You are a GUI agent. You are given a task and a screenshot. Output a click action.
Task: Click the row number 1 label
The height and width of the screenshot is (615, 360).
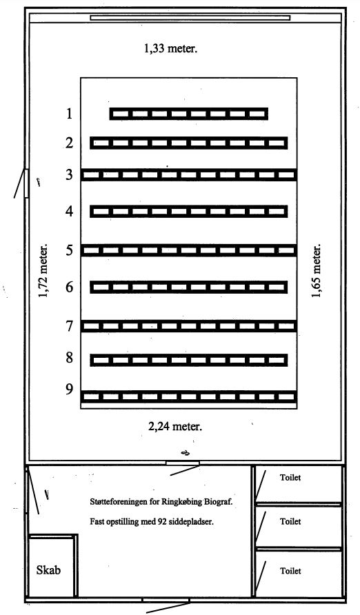[70, 114]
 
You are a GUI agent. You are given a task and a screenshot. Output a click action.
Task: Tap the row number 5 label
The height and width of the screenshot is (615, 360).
[70, 250]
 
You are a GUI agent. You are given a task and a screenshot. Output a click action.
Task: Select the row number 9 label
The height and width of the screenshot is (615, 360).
[70, 390]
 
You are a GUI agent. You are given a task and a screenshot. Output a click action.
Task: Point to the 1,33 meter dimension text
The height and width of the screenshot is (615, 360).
[170, 49]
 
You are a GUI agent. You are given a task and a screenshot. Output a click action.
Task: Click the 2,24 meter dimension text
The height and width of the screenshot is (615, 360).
[175, 426]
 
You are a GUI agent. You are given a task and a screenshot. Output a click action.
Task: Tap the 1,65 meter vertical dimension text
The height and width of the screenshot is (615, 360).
[316, 271]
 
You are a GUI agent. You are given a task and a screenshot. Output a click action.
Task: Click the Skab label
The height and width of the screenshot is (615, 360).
[49, 570]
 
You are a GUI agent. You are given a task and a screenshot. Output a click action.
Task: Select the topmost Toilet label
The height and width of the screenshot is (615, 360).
[290, 477]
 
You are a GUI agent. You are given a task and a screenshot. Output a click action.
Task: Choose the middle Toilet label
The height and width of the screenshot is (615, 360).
[290, 521]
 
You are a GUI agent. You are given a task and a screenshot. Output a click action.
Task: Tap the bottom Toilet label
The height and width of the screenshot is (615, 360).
[290, 571]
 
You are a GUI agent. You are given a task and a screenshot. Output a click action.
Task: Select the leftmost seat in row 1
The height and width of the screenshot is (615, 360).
[121, 114]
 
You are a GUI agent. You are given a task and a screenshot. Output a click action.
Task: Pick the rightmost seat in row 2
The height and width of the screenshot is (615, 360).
[277, 143]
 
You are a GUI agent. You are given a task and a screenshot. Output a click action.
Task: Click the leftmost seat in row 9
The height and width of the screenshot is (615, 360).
[91, 397]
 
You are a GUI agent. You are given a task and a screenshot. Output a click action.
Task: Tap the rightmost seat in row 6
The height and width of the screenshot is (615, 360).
[277, 288]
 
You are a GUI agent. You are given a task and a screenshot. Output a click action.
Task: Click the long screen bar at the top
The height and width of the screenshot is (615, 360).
[190, 18]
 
